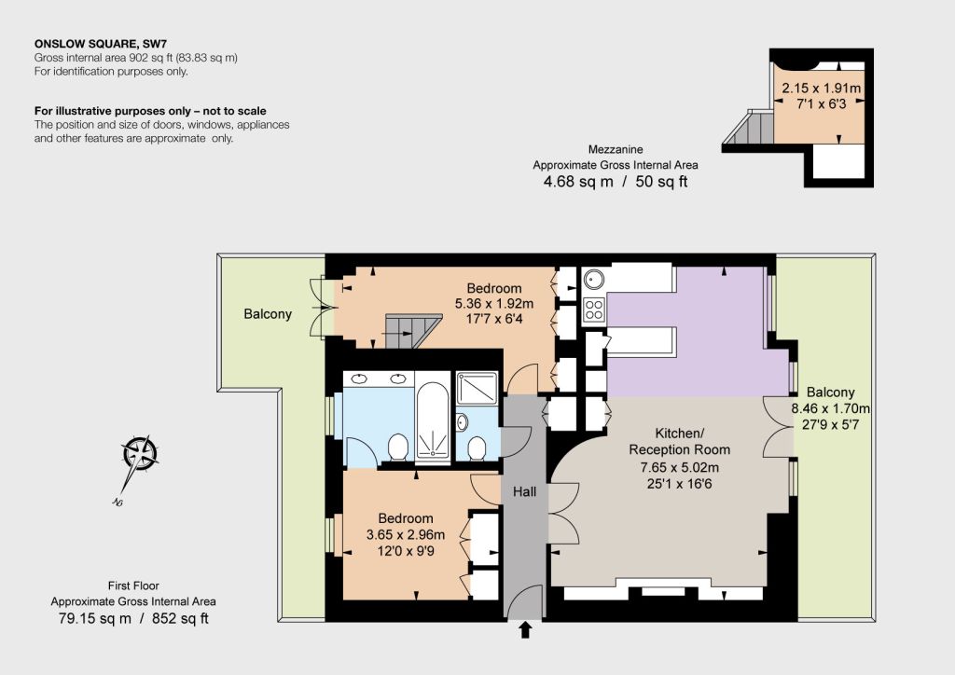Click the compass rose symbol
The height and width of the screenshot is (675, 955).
click(140, 453)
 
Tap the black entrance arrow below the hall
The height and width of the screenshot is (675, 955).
click(524, 629)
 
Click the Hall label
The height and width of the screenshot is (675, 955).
click(524, 491)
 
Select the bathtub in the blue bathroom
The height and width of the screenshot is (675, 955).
click(433, 420)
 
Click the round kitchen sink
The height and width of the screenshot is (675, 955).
click(593, 280)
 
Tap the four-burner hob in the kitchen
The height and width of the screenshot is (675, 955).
click(593, 309)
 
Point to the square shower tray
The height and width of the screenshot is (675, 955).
click(477, 388)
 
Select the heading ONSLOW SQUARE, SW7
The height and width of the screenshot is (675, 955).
click(101, 44)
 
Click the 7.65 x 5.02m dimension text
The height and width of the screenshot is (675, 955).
click(679, 467)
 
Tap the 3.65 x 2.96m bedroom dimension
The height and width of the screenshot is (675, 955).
click(405, 534)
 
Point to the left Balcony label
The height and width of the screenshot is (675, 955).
click(268, 314)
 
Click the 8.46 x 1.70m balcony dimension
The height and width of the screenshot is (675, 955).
click(830, 408)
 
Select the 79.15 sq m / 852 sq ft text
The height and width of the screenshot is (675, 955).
click(133, 618)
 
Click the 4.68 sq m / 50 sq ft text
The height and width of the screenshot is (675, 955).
click(616, 182)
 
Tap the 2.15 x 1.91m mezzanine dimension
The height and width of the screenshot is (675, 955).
click(821, 89)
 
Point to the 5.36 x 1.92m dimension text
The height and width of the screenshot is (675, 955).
click(494, 303)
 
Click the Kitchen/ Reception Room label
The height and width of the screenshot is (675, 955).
click(679, 441)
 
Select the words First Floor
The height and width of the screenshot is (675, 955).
click(133, 585)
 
